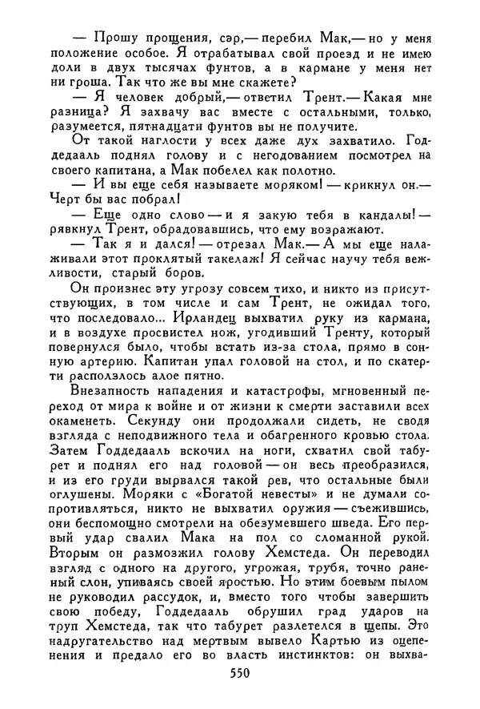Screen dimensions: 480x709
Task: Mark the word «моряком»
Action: pos(283,187)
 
